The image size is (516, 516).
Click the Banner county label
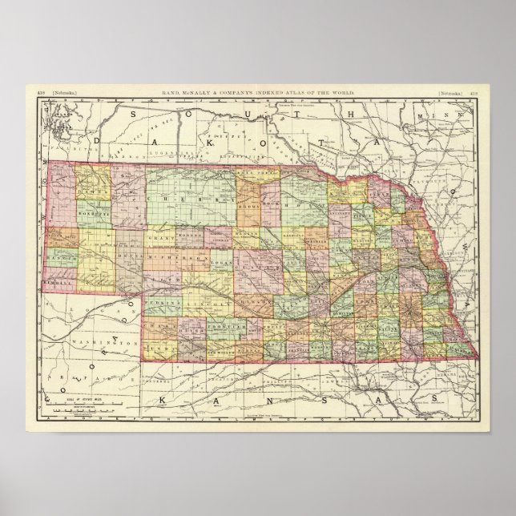click(62, 260)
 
